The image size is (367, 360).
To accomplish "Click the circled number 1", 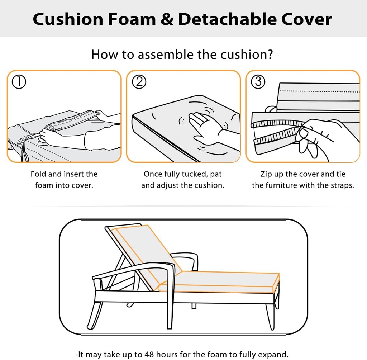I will coord(19,82).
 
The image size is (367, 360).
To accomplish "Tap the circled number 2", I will coord(139,82).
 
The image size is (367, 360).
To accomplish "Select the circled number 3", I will coord(258,82).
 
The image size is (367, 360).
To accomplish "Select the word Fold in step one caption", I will coord(38,174).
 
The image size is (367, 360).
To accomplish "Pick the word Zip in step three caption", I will coord(266,174).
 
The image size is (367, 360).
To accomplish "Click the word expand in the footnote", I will coord(273,355).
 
